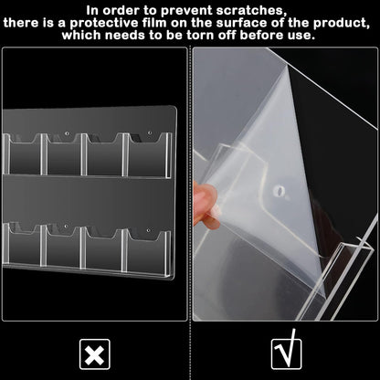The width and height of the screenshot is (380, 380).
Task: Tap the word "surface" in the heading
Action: pyautogui.click(x=256, y=22)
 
